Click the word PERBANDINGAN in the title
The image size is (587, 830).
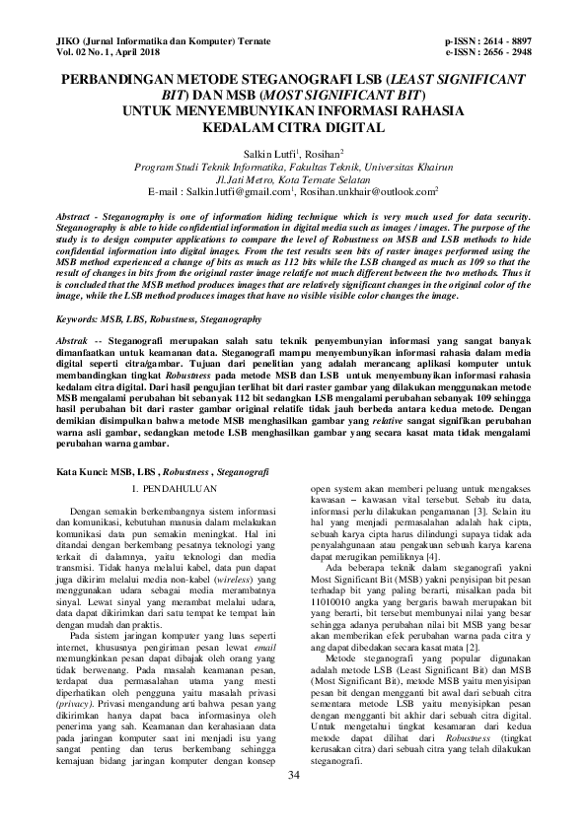pos(123,78)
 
